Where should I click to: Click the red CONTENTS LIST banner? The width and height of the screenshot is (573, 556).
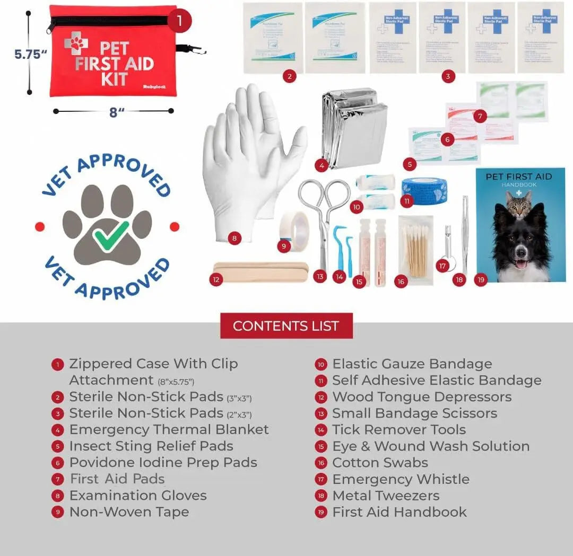point(286,325)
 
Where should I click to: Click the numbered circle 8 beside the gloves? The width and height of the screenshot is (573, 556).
point(235,238)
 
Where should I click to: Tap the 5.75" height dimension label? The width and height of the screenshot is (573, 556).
point(31,54)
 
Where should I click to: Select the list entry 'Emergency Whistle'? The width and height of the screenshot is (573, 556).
point(401,479)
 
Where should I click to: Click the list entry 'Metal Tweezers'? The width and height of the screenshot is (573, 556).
point(386,496)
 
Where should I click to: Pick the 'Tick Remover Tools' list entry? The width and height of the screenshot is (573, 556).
point(398,429)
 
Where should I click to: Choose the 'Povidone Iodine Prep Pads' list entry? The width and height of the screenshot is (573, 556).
point(163,462)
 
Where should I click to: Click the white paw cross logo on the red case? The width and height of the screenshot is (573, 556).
point(76,42)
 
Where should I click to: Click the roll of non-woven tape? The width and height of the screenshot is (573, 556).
point(294,227)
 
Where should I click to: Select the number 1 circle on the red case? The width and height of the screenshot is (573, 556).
point(179,21)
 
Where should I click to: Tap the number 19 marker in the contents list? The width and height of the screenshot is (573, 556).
point(321,513)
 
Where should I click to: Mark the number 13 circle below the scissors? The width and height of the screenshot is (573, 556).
point(319,276)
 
